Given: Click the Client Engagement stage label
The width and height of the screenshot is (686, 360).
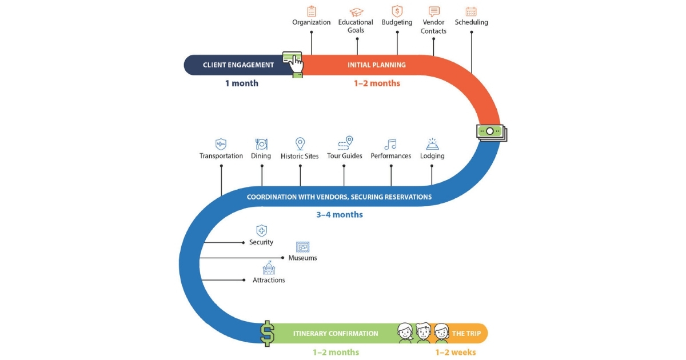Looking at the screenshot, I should [238, 65].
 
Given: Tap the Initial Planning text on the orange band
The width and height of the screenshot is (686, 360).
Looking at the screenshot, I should [377, 65].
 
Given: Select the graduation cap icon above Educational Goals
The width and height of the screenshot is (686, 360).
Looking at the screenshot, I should [357, 11].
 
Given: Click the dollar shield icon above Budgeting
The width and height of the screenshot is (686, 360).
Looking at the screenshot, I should [397, 11].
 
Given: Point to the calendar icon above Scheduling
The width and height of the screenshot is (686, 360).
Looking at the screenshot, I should [471, 11].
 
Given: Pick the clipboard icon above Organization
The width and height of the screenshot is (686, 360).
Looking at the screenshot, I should [312, 11].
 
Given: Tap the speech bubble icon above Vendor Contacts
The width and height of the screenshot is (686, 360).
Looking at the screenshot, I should [434, 11].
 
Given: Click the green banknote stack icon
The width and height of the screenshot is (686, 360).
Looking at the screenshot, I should [491, 132].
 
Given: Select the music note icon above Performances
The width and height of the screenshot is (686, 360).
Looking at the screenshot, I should [390, 144].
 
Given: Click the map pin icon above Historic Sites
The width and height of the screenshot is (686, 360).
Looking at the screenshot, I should [300, 143].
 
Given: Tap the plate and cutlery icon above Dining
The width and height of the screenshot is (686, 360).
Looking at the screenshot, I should [261, 144].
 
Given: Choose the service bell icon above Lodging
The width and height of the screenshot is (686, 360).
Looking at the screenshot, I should [432, 144].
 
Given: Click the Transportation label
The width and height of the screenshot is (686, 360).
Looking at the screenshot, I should [221, 156].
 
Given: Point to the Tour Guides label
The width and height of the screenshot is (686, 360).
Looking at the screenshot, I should [345, 156].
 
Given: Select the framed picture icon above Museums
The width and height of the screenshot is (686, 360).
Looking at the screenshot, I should [302, 247].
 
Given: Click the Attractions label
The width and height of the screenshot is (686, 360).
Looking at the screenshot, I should [269, 281].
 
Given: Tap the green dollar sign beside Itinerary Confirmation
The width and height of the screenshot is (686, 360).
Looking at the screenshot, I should [267, 333].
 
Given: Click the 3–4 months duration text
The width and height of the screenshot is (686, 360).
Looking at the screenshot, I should [340, 215].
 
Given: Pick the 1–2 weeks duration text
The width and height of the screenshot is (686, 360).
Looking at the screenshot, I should [456, 353].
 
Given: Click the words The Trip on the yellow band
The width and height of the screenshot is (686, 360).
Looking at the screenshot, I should [466, 333].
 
